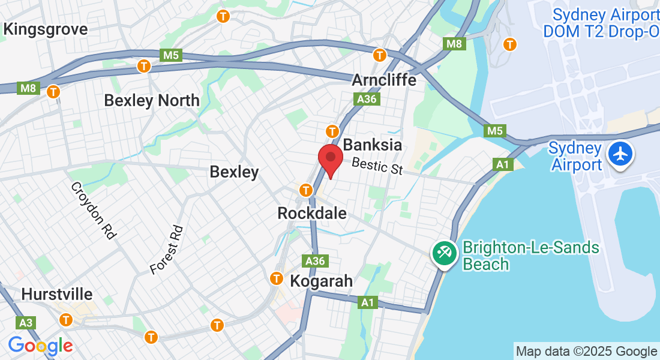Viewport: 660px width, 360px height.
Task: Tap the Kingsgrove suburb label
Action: [45, 29]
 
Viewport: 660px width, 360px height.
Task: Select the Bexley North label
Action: [152, 100]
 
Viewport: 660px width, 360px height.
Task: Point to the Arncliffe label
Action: [384, 80]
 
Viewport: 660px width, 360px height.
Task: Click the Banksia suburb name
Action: [372, 145]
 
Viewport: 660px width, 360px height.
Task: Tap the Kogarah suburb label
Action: [321, 281]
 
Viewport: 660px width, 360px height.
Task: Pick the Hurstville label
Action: [57, 295]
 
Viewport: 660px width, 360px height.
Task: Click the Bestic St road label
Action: [377, 166]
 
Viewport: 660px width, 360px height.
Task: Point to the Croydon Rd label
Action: [93, 211]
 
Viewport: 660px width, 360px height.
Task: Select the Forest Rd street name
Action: [166, 250]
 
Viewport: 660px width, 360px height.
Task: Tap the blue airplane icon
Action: [620, 154]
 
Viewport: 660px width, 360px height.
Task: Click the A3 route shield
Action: [25, 323]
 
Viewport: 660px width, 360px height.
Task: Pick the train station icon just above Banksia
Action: [332, 131]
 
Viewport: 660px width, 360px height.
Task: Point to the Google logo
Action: [40, 346]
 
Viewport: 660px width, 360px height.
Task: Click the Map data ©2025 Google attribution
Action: [586, 352]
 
